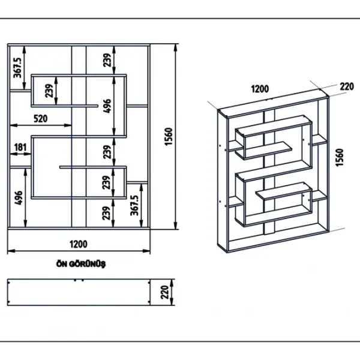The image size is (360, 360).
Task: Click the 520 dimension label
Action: pyautogui.click(x=41, y=119)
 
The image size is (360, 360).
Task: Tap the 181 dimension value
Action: pyautogui.click(x=20, y=148)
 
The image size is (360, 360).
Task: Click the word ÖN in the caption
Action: pyautogui.click(x=62, y=264)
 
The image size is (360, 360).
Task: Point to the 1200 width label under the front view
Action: pyautogui.click(x=79, y=244)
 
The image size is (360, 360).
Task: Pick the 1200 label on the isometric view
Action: pyautogui.click(x=260, y=89)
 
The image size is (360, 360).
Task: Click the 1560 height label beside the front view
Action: pyautogui.click(x=169, y=137)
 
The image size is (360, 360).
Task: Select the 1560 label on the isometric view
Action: pyautogui.click(x=340, y=157)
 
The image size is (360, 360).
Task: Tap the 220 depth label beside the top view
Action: pyautogui.click(x=164, y=292)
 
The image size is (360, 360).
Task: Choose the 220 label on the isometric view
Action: pyautogui.click(x=347, y=86)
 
